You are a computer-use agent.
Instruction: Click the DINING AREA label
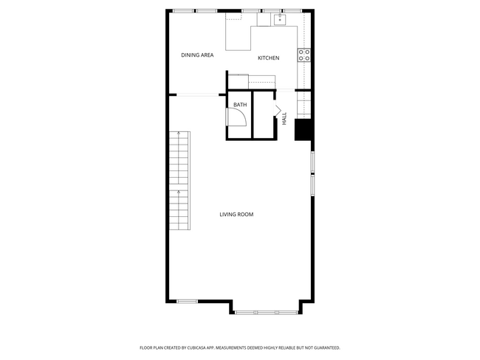(197, 55)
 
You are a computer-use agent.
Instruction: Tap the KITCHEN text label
(268, 58)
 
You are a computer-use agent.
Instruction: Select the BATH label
(240, 105)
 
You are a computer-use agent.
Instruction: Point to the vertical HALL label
(284, 118)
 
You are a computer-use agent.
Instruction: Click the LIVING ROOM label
(236, 215)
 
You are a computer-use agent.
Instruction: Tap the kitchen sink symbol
(281, 20)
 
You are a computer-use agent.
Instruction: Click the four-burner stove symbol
(304, 55)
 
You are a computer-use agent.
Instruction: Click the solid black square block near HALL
(303, 130)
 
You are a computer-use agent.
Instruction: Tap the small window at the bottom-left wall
(188, 300)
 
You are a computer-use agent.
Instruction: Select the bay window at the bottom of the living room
(267, 312)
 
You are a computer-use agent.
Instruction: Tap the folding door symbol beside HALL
(279, 112)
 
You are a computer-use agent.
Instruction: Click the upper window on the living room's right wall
(312, 161)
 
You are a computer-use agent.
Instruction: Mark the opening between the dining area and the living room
(197, 94)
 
